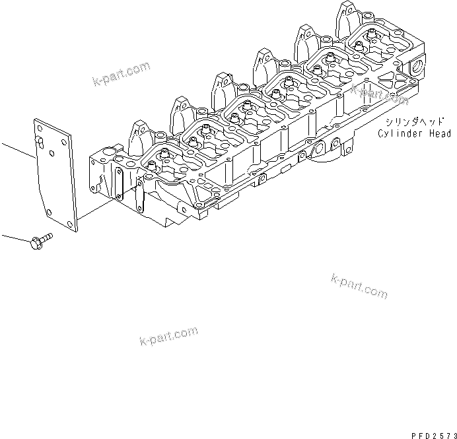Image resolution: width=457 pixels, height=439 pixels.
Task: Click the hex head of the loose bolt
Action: click(35, 243)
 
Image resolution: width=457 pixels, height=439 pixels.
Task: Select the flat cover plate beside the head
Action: click(55, 175)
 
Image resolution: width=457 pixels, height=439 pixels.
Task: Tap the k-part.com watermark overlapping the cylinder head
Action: click(379, 93)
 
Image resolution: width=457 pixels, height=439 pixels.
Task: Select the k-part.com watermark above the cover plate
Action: click(122, 75)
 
